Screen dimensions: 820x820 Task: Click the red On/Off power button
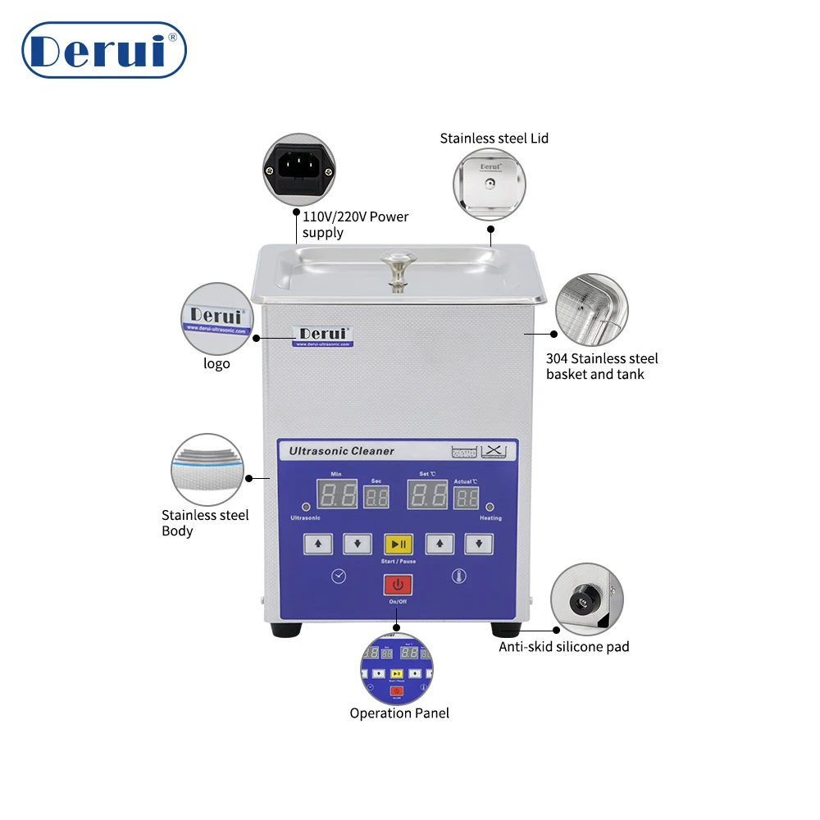(399, 585)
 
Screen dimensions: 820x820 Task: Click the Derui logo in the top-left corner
(104, 50)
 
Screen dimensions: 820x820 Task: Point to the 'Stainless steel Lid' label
(494, 139)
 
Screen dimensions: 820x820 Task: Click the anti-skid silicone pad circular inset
(583, 599)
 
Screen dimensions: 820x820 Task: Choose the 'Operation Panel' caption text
(399, 713)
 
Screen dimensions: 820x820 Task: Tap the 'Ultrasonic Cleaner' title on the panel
(342, 451)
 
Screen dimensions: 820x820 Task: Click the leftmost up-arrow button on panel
(318, 543)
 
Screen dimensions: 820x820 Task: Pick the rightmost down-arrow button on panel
(479, 543)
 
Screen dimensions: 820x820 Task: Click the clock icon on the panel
(339, 576)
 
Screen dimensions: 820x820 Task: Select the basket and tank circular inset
(592, 310)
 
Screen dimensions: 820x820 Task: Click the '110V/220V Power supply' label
(355, 225)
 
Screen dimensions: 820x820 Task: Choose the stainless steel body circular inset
(207, 470)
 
